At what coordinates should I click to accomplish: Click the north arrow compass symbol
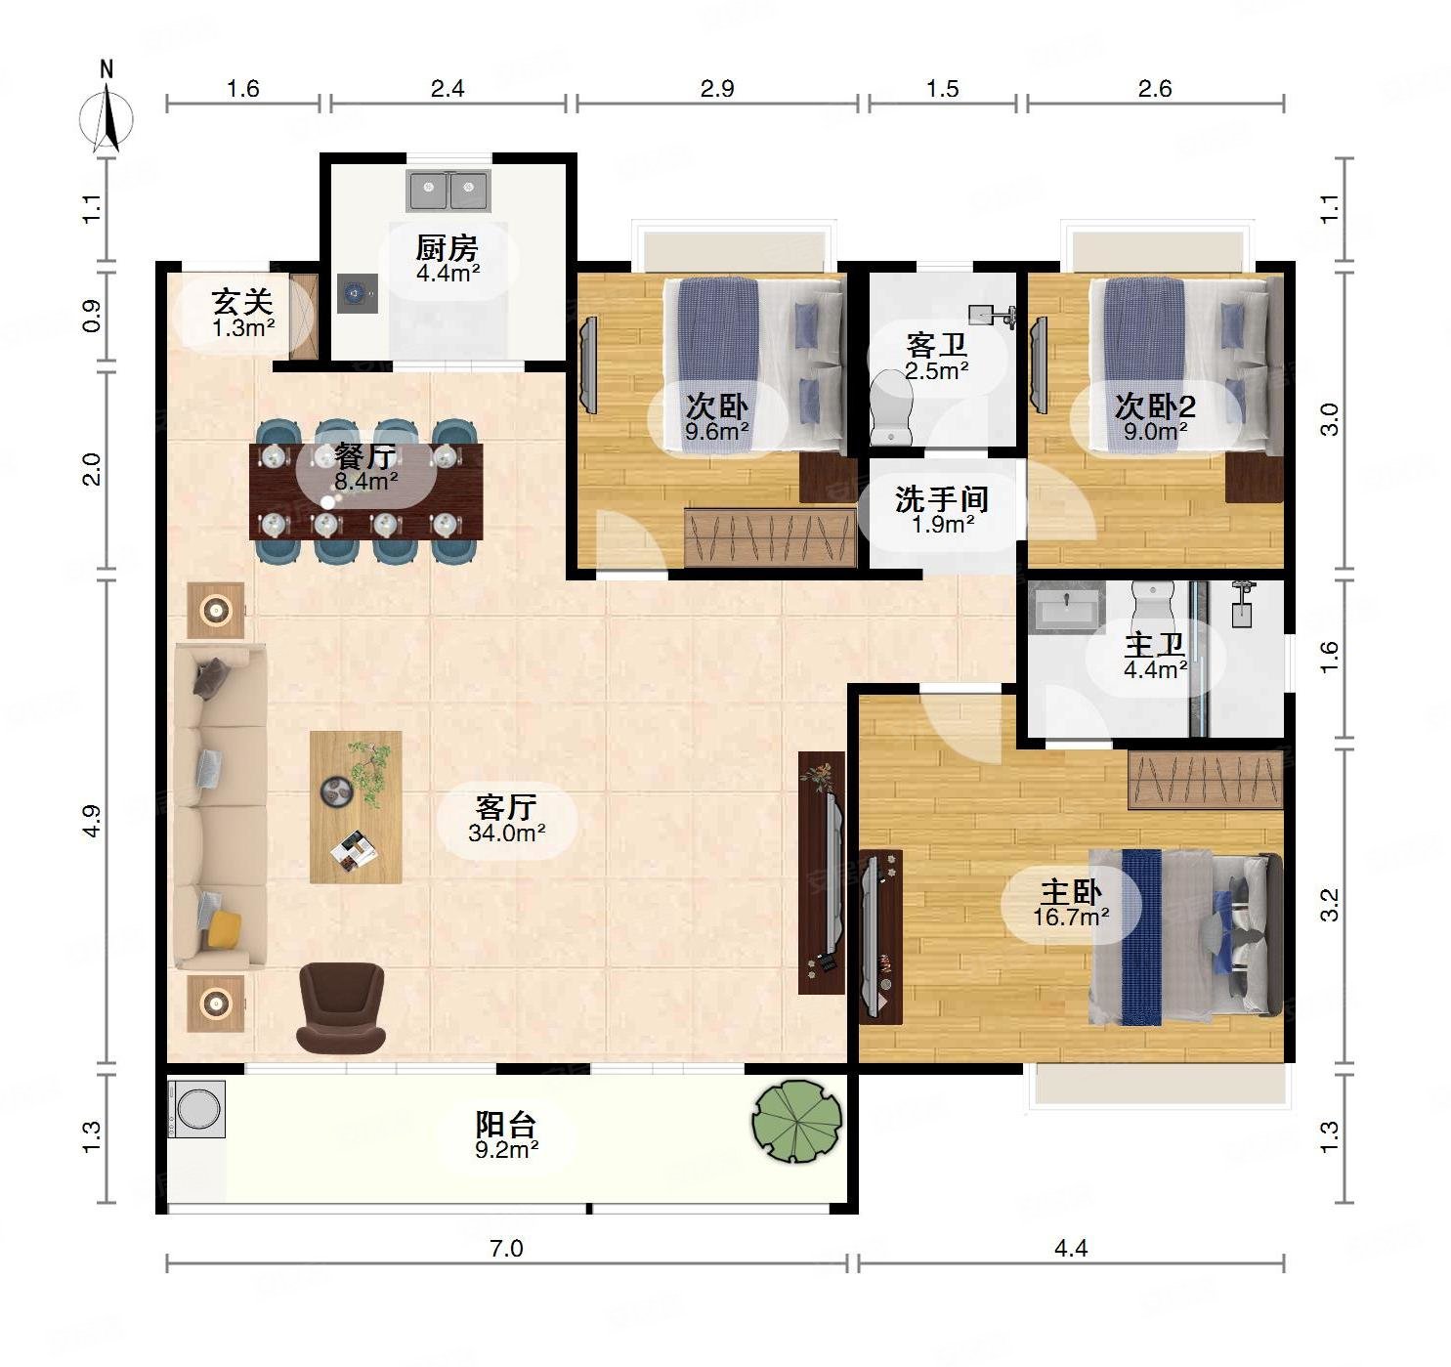[107, 117]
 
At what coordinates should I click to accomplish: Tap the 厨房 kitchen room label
[448, 248]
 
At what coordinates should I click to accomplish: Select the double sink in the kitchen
[448, 190]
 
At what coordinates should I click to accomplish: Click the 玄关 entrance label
[242, 302]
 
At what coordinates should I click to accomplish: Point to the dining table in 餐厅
[366, 491]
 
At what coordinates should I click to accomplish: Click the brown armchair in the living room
[341, 1007]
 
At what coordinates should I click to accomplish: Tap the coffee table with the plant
[356, 807]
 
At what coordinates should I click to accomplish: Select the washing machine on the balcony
[196, 1108]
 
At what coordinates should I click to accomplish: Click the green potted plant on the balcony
[797, 1121]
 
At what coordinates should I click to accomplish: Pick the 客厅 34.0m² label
[506, 819]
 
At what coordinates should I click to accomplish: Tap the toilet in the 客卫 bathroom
[892, 407]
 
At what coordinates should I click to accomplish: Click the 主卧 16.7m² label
[1071, 904]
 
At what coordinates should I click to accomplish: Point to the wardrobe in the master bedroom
[1206, 780]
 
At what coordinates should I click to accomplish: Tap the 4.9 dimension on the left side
[91, 821]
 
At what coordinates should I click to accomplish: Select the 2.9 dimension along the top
[717, 88]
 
